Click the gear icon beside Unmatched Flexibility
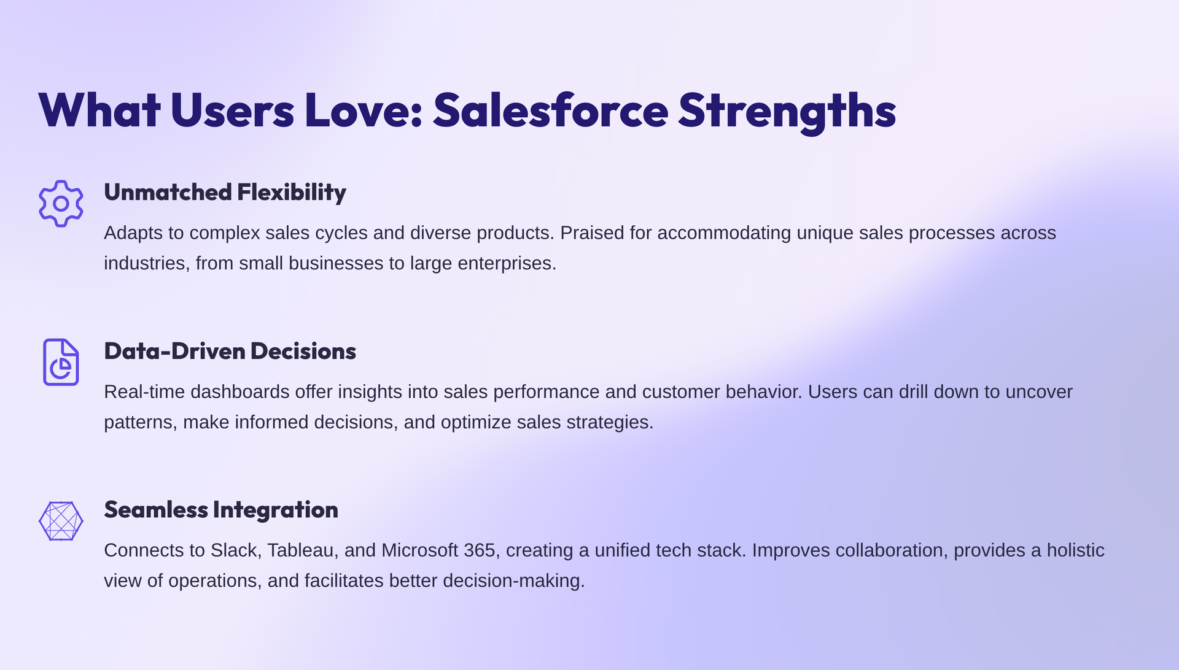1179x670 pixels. [x=61, y=204]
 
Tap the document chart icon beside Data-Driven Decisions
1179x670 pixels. [x=61, y=362]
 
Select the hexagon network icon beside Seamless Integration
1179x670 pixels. [x=61, y=521]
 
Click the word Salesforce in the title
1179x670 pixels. [x=550, y=110]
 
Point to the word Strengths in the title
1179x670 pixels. [x=787, y=110]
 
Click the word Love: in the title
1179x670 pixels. [x=363, y=110]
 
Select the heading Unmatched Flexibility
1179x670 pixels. [x=225, y=192]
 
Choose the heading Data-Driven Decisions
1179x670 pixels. [x=230, y=351]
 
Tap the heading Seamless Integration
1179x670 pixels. [x=220, y=509]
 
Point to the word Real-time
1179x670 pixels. [x=144, y=392]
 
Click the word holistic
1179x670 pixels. [x=1075, y=550]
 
